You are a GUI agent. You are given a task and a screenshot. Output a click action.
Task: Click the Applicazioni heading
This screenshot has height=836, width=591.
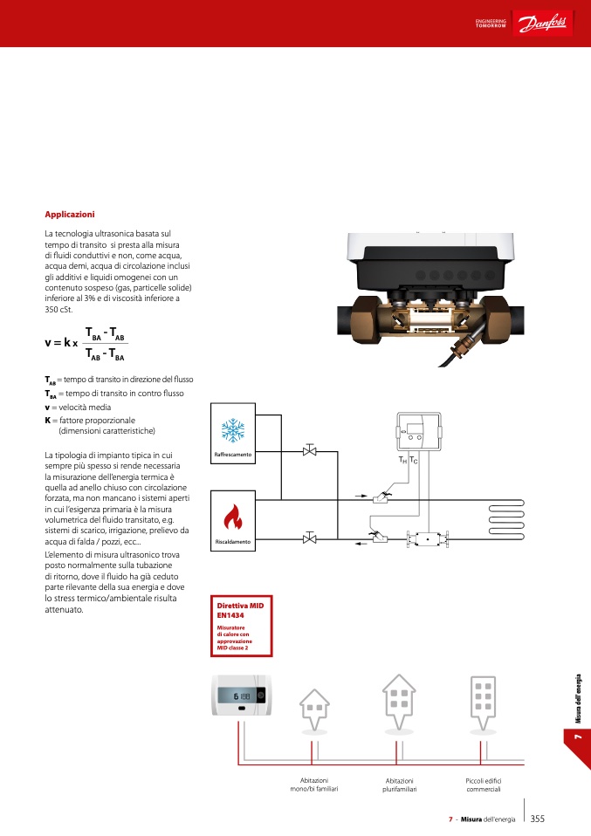click(x=70, y=214)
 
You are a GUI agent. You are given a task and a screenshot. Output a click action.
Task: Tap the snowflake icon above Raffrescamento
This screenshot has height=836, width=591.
click(x=232, y=430)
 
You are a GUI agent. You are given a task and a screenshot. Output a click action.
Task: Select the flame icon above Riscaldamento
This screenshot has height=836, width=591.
click(x=232, y=518)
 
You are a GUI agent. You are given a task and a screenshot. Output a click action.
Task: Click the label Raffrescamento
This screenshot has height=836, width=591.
click(x=233, y=456)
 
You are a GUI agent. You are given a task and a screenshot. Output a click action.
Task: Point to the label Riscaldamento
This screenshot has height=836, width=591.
click(x=233, y=542)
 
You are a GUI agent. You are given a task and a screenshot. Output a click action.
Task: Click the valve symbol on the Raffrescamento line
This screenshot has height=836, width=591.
click(x=309, y=451)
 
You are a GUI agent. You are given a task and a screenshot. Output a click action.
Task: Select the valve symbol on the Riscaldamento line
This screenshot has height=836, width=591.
click(x=309, y=538)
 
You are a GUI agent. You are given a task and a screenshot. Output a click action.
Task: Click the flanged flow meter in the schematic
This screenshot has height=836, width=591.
click(x=428, y=539)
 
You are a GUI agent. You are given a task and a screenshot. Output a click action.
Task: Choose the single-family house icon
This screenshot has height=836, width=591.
click(x=314, y=708)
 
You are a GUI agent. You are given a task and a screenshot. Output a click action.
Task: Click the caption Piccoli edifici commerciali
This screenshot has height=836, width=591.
click(x=483, y=784)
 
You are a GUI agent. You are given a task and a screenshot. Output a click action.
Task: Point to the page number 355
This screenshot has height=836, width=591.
click(x=538, y=819)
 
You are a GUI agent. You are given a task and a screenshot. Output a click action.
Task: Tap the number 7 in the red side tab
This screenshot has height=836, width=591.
click(x=577, y=738)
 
